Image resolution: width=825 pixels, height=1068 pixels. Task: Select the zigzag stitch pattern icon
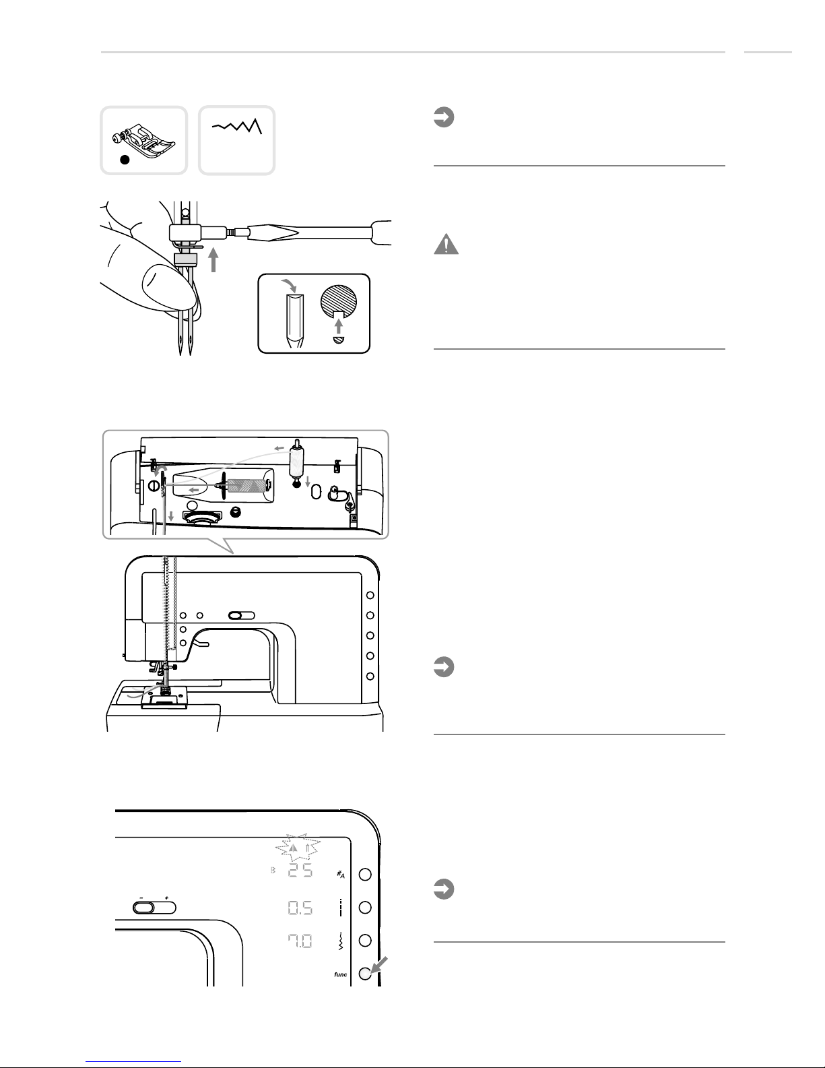pos(238,126)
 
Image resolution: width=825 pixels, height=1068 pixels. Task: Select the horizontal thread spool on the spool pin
pos(248,484)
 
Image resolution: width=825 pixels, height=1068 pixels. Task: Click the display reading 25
pos(301,872)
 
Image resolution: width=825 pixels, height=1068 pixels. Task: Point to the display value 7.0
pos(301,941)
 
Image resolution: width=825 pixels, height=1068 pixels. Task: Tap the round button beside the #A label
pos(365,874)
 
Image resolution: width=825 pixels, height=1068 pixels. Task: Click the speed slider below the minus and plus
pos(155,908)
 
